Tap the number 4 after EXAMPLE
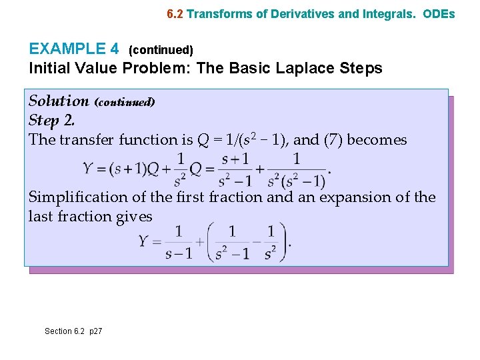coord(115,49)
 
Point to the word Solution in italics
coord(59,101)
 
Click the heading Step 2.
coord(52,120)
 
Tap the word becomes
coord(376,139)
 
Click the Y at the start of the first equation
coord(88,168)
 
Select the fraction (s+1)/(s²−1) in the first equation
coord(235,169)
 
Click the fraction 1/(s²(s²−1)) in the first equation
coord(296,169)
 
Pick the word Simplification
coord(74,197)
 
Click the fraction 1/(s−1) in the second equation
coord(178,243)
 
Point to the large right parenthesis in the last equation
coord(285,242)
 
